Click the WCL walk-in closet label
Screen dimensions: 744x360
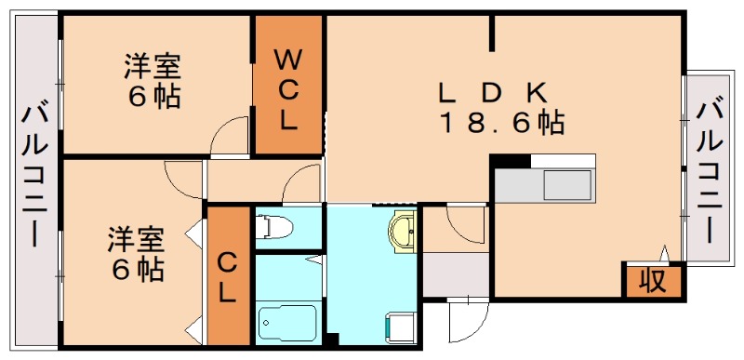[287, 90]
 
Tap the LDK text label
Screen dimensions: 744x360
[494, 94]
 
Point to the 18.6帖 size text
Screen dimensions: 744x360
[502, 123]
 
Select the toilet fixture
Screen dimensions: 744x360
[273, 227]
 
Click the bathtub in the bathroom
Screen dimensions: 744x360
[287, 322]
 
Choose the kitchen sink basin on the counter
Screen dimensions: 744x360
[566, 185]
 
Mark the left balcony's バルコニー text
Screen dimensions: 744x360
[34, 177]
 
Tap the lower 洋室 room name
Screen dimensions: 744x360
[136, 241]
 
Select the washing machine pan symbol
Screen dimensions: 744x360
[400, 327]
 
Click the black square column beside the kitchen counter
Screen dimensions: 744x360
[510, 161]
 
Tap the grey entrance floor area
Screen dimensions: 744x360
[456, 274]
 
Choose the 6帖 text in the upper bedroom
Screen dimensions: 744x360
[153, 97]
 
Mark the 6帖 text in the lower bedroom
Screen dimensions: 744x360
[137, 270]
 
